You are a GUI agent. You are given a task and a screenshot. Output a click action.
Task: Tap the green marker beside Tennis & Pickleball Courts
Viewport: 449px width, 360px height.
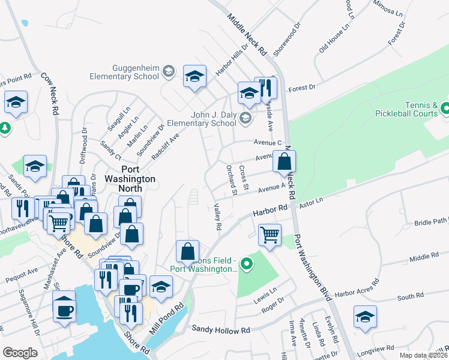pos(445,109)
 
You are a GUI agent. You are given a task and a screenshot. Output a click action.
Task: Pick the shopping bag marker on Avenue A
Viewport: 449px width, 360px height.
pos(285,161)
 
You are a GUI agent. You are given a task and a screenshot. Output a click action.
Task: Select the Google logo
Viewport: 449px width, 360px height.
pos(20,352)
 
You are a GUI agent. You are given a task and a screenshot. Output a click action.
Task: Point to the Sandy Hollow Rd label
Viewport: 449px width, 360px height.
pos(220,330)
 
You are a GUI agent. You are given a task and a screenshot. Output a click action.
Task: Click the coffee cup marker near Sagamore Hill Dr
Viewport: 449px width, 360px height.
pos(65,310)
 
